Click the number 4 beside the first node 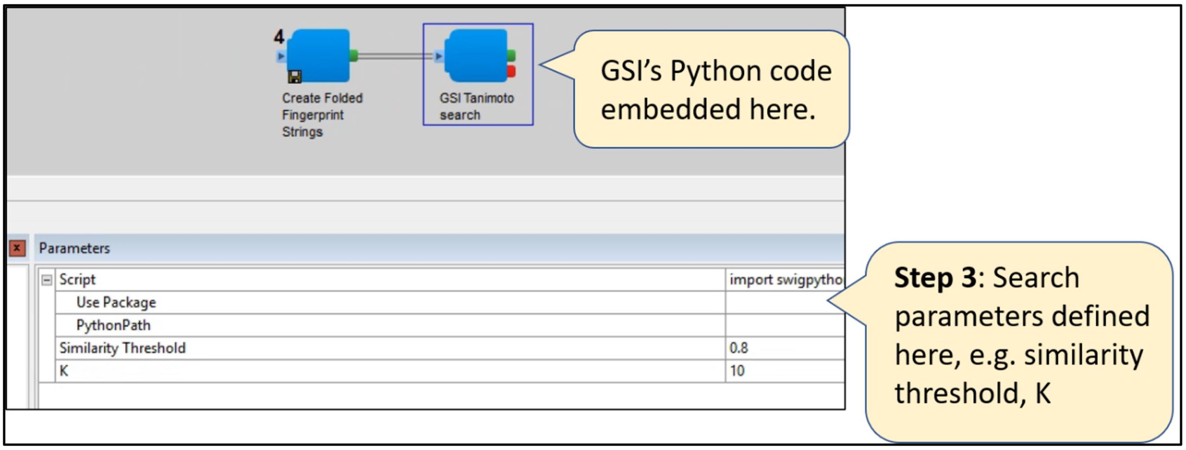(278, 37)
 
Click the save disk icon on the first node (295, 76)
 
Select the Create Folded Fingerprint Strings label (322, 115)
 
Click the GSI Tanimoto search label (476, 107)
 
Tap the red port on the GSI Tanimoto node (511, 71)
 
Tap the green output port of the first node (353, 56)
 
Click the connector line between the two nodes (394, 56)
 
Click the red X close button (17, 248)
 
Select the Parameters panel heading (74, 248)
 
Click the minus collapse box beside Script (46, 280)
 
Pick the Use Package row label (116, 303)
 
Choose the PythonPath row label (113, 325)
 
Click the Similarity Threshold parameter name (122, 348)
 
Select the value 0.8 (738, 348)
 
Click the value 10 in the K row (737, 371)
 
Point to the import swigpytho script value (786, 280)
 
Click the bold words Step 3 (935, 278)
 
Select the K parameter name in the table (64, 371)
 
